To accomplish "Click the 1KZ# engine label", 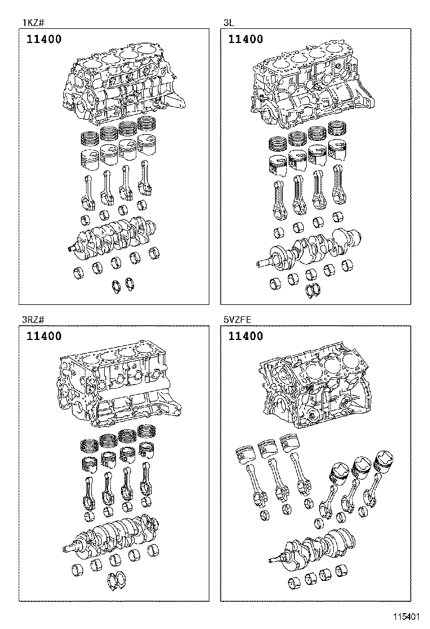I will (x=32, y=23).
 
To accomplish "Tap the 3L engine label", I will (x=227, y=23).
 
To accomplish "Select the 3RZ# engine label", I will (x=35, y=320).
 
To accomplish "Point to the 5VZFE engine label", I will (x=237, y=320).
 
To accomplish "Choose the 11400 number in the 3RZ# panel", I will (x=44, y=336).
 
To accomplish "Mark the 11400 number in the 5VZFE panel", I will (x=246, y=336).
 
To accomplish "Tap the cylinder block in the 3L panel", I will (x=317, y=88).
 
